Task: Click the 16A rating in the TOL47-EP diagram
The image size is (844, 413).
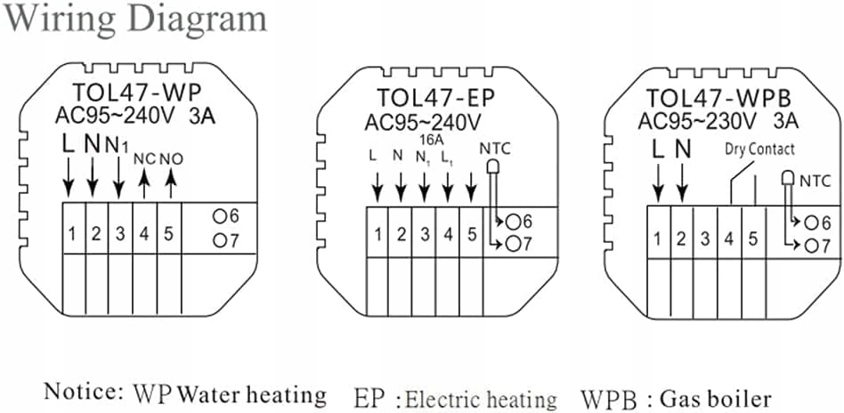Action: (426, 139)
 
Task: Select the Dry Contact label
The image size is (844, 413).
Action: (759, 149)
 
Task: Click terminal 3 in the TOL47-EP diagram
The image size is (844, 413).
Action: (425, 235)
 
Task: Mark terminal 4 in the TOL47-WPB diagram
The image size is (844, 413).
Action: (728, 238)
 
